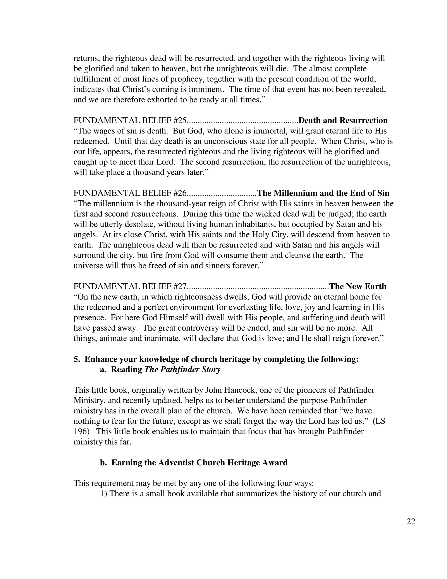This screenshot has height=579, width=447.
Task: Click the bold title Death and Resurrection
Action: click(343, 121)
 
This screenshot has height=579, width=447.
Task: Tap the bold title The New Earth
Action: click(358, 287)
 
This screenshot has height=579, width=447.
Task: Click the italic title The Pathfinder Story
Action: click(182, 369)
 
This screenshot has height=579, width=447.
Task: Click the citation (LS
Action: click(379, 421)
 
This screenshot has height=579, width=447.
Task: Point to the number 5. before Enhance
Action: click(77, 359)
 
